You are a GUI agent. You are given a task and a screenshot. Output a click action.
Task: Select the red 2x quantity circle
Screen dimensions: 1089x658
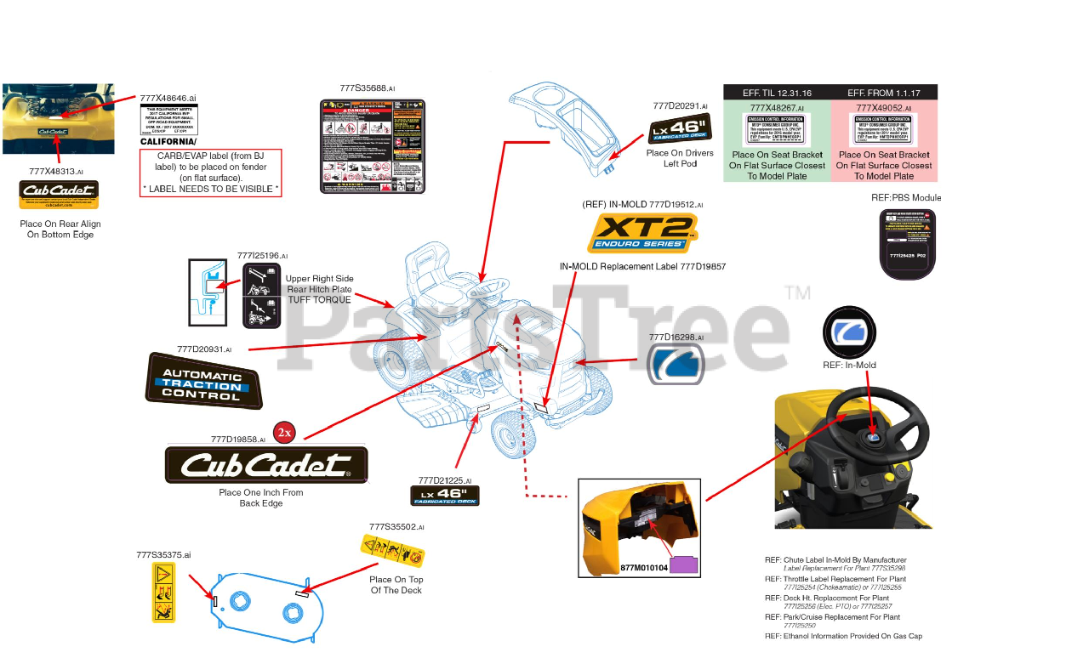click(x=284, y=433)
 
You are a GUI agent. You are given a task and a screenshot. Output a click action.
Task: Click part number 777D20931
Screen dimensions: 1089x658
click(x=204, y=349)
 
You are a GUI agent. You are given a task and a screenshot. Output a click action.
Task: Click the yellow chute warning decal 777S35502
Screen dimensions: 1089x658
click(x=393, y=552)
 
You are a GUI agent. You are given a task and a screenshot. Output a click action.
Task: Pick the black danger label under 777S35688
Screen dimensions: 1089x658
click(x=372, y=145)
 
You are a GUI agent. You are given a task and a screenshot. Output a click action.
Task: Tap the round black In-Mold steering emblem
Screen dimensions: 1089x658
click(x=848, y=334)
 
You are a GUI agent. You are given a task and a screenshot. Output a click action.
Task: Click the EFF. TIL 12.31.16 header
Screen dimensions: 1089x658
click(x=777, y=93)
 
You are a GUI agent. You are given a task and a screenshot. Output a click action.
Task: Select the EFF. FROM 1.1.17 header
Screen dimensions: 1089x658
click(x=883, y=93)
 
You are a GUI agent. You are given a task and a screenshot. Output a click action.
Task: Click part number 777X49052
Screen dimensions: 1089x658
click(x=883, y=108)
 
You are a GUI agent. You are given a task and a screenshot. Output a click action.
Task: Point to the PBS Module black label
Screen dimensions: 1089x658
click(x=907, y=243)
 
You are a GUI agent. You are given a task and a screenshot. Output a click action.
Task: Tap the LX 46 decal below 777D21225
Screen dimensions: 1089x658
click(x=445, y=496)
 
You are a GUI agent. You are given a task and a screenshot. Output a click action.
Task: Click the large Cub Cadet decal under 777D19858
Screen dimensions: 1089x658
click(x=266, y=464)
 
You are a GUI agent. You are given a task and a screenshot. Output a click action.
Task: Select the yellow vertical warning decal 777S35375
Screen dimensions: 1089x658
click(x=163, y=592)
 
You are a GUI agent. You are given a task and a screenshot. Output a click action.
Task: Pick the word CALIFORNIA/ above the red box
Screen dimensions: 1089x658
click(x=168, y=142)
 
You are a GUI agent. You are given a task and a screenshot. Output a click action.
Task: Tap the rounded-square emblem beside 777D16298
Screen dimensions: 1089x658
click(x=676, y=366)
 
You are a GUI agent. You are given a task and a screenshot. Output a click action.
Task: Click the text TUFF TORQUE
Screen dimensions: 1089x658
click(x=319, y=300)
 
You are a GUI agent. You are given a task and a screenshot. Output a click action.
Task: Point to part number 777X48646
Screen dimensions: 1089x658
click(x=168, y=99)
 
